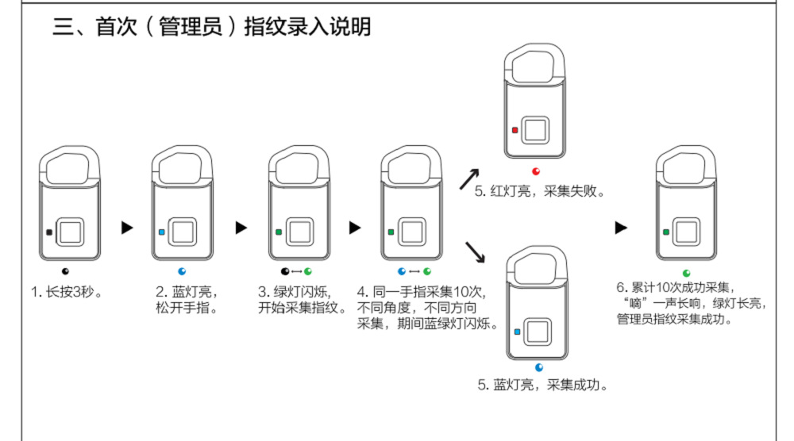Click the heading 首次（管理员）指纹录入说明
click(x=212, y=27)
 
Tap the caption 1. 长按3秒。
click(x=67, y=291)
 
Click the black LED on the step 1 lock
click(x=49, y=232)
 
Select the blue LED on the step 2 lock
click(x=162, y=232)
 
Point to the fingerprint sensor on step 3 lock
click(x=301, y=232)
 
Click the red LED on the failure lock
click(x=515, y=129)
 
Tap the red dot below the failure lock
click(x=536, y=170)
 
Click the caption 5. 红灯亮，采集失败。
click(x=540, y=191)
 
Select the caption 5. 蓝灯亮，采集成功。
click(x=542, y=385)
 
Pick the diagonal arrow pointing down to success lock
click(x=475, y=252)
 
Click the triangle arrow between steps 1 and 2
click(x=127, y=228)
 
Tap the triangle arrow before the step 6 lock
click(x=622, y=228)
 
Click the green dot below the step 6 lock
click(x=687, y=273)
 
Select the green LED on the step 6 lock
click(x=665, y=232)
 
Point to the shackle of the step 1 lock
click(x=69, y=166)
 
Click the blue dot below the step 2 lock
click(x=182, y=271)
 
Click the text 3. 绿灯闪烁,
click(x=294, y=291)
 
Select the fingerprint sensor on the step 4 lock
click(x=413, y=232)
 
